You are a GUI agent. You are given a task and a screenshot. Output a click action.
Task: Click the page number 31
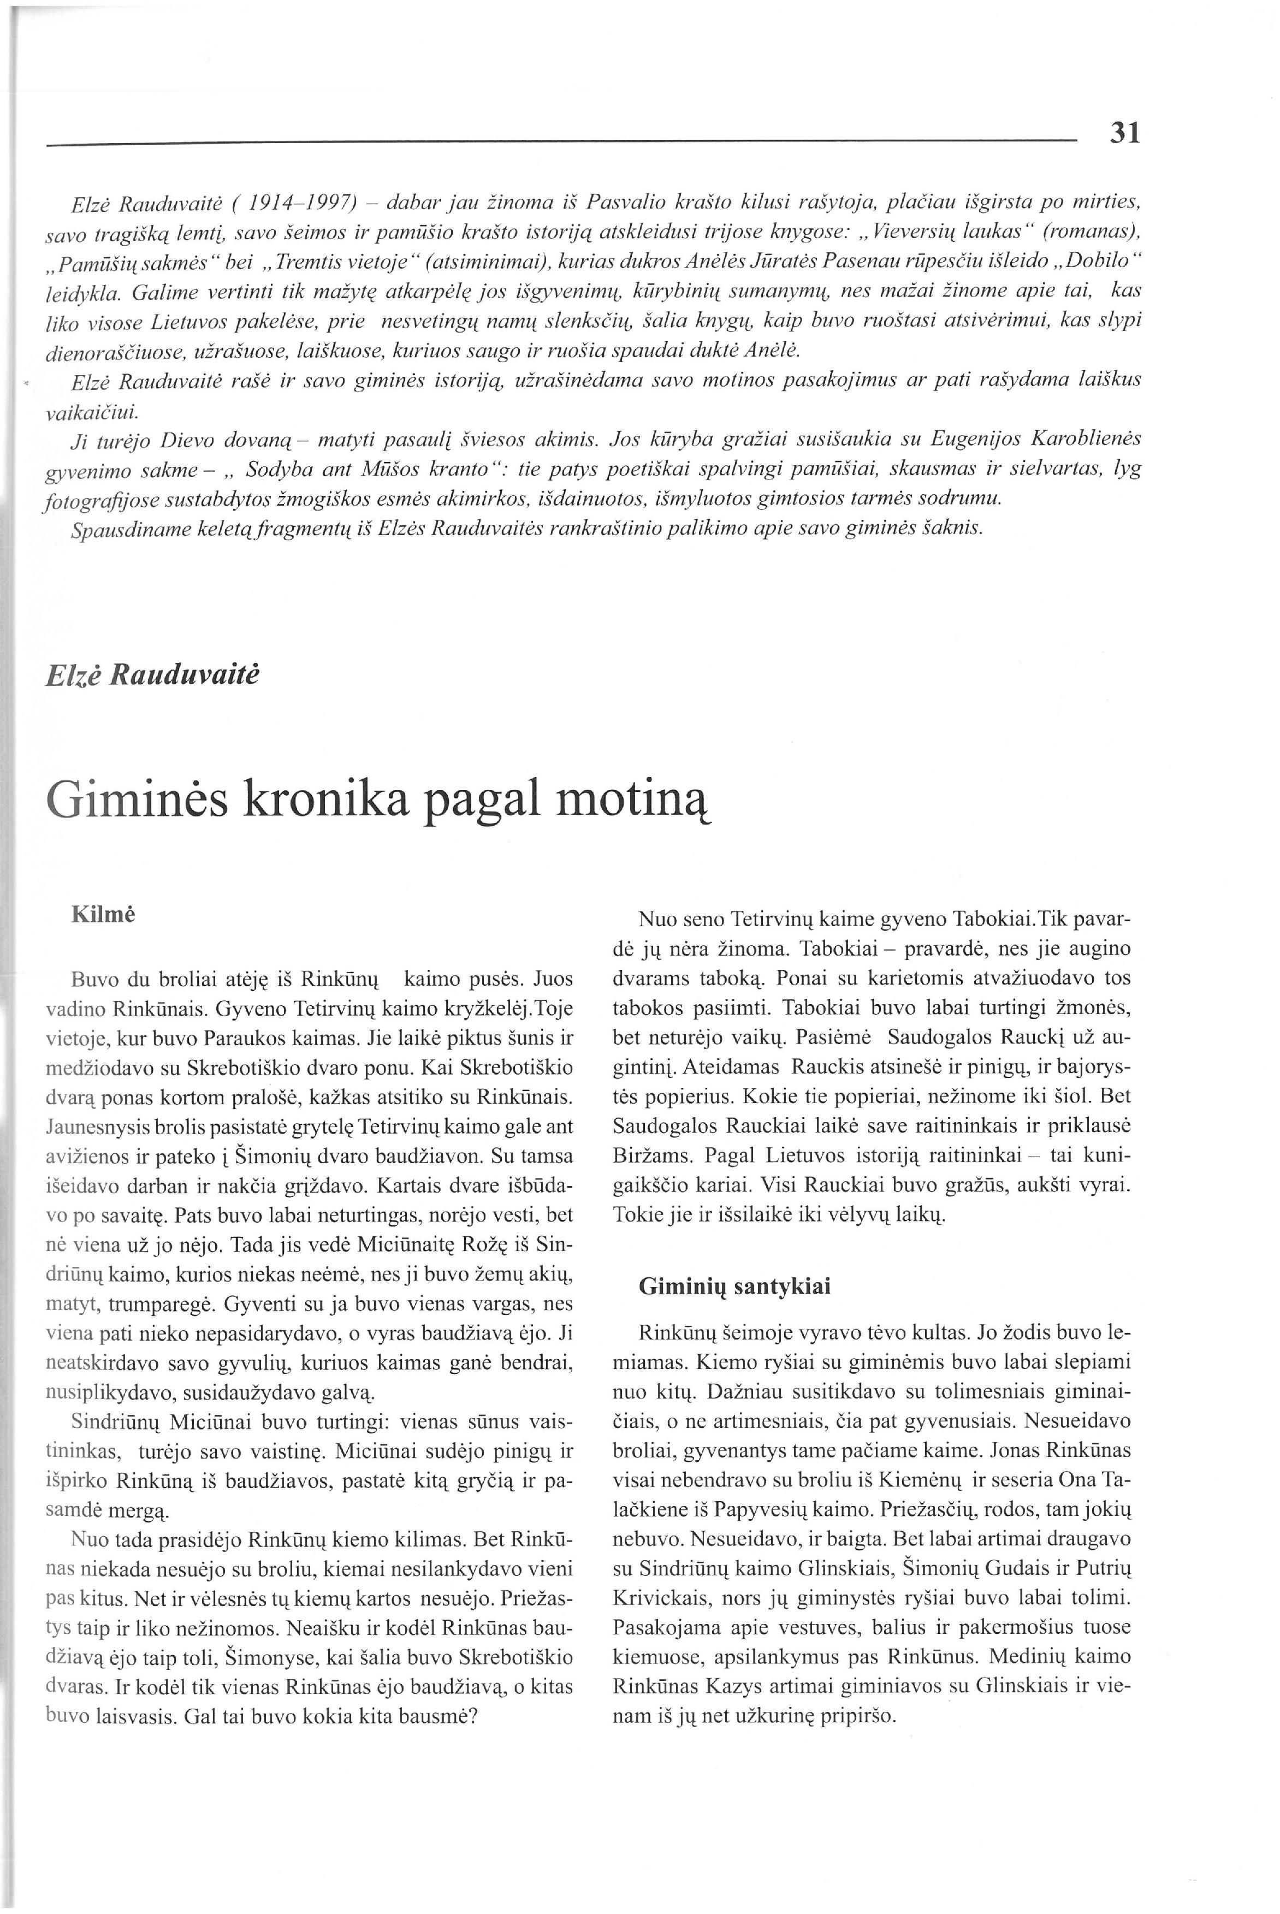coord(1124,132)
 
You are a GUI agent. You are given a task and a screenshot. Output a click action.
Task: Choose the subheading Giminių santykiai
coord(734,1287)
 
